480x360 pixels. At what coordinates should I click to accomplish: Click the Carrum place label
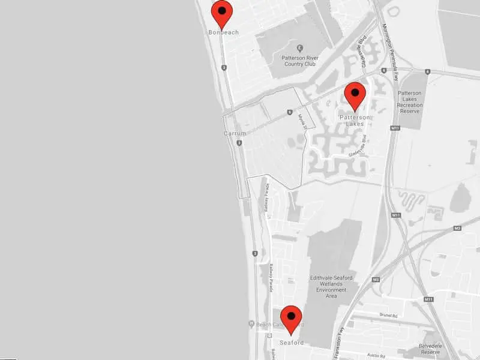click(x=235, y=133)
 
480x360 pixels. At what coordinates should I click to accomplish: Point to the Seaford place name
click(x=291, y=343)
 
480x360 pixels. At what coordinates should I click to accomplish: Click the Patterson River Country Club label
click(x=299, y=61)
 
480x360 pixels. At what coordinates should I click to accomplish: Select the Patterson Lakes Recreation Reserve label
click(x=410, y=99)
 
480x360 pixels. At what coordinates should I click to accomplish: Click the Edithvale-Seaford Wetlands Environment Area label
click(x=328, y=286)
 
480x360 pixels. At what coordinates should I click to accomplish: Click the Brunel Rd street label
click(x=390, y=314)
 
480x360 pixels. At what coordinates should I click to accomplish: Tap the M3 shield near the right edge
click(x=457, y=228)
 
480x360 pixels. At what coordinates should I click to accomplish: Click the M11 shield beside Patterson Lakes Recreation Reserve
click(x=395, y=128)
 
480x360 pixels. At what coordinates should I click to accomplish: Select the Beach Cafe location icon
click(x=251, y=325)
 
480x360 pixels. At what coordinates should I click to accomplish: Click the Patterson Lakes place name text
click(x=355, y=121)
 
